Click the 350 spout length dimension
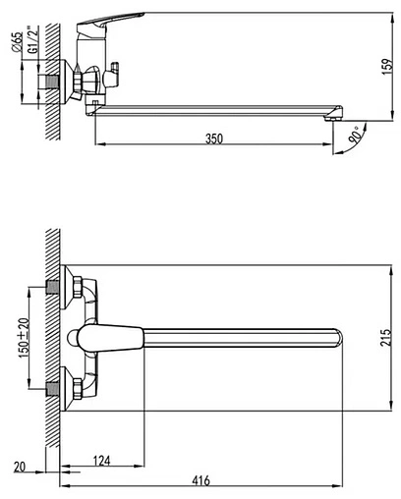pyautogui.click(x=214, y=139)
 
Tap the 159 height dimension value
pyautogui.click(x=387, y=67)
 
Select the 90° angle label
pyautogui.click(x=356, y=136)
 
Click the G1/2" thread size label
pyautogui.click(x=32, y=39)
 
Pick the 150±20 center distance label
pyautogui.click(x=24, y=337)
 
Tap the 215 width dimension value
pyautogui.click(x=386, y=338)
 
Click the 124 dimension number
pyautogui.click(x=102, y=461)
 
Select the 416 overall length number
pyautogui.click(x=200, y=480)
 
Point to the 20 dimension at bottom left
pyautogui.click(x=20, y=467)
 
